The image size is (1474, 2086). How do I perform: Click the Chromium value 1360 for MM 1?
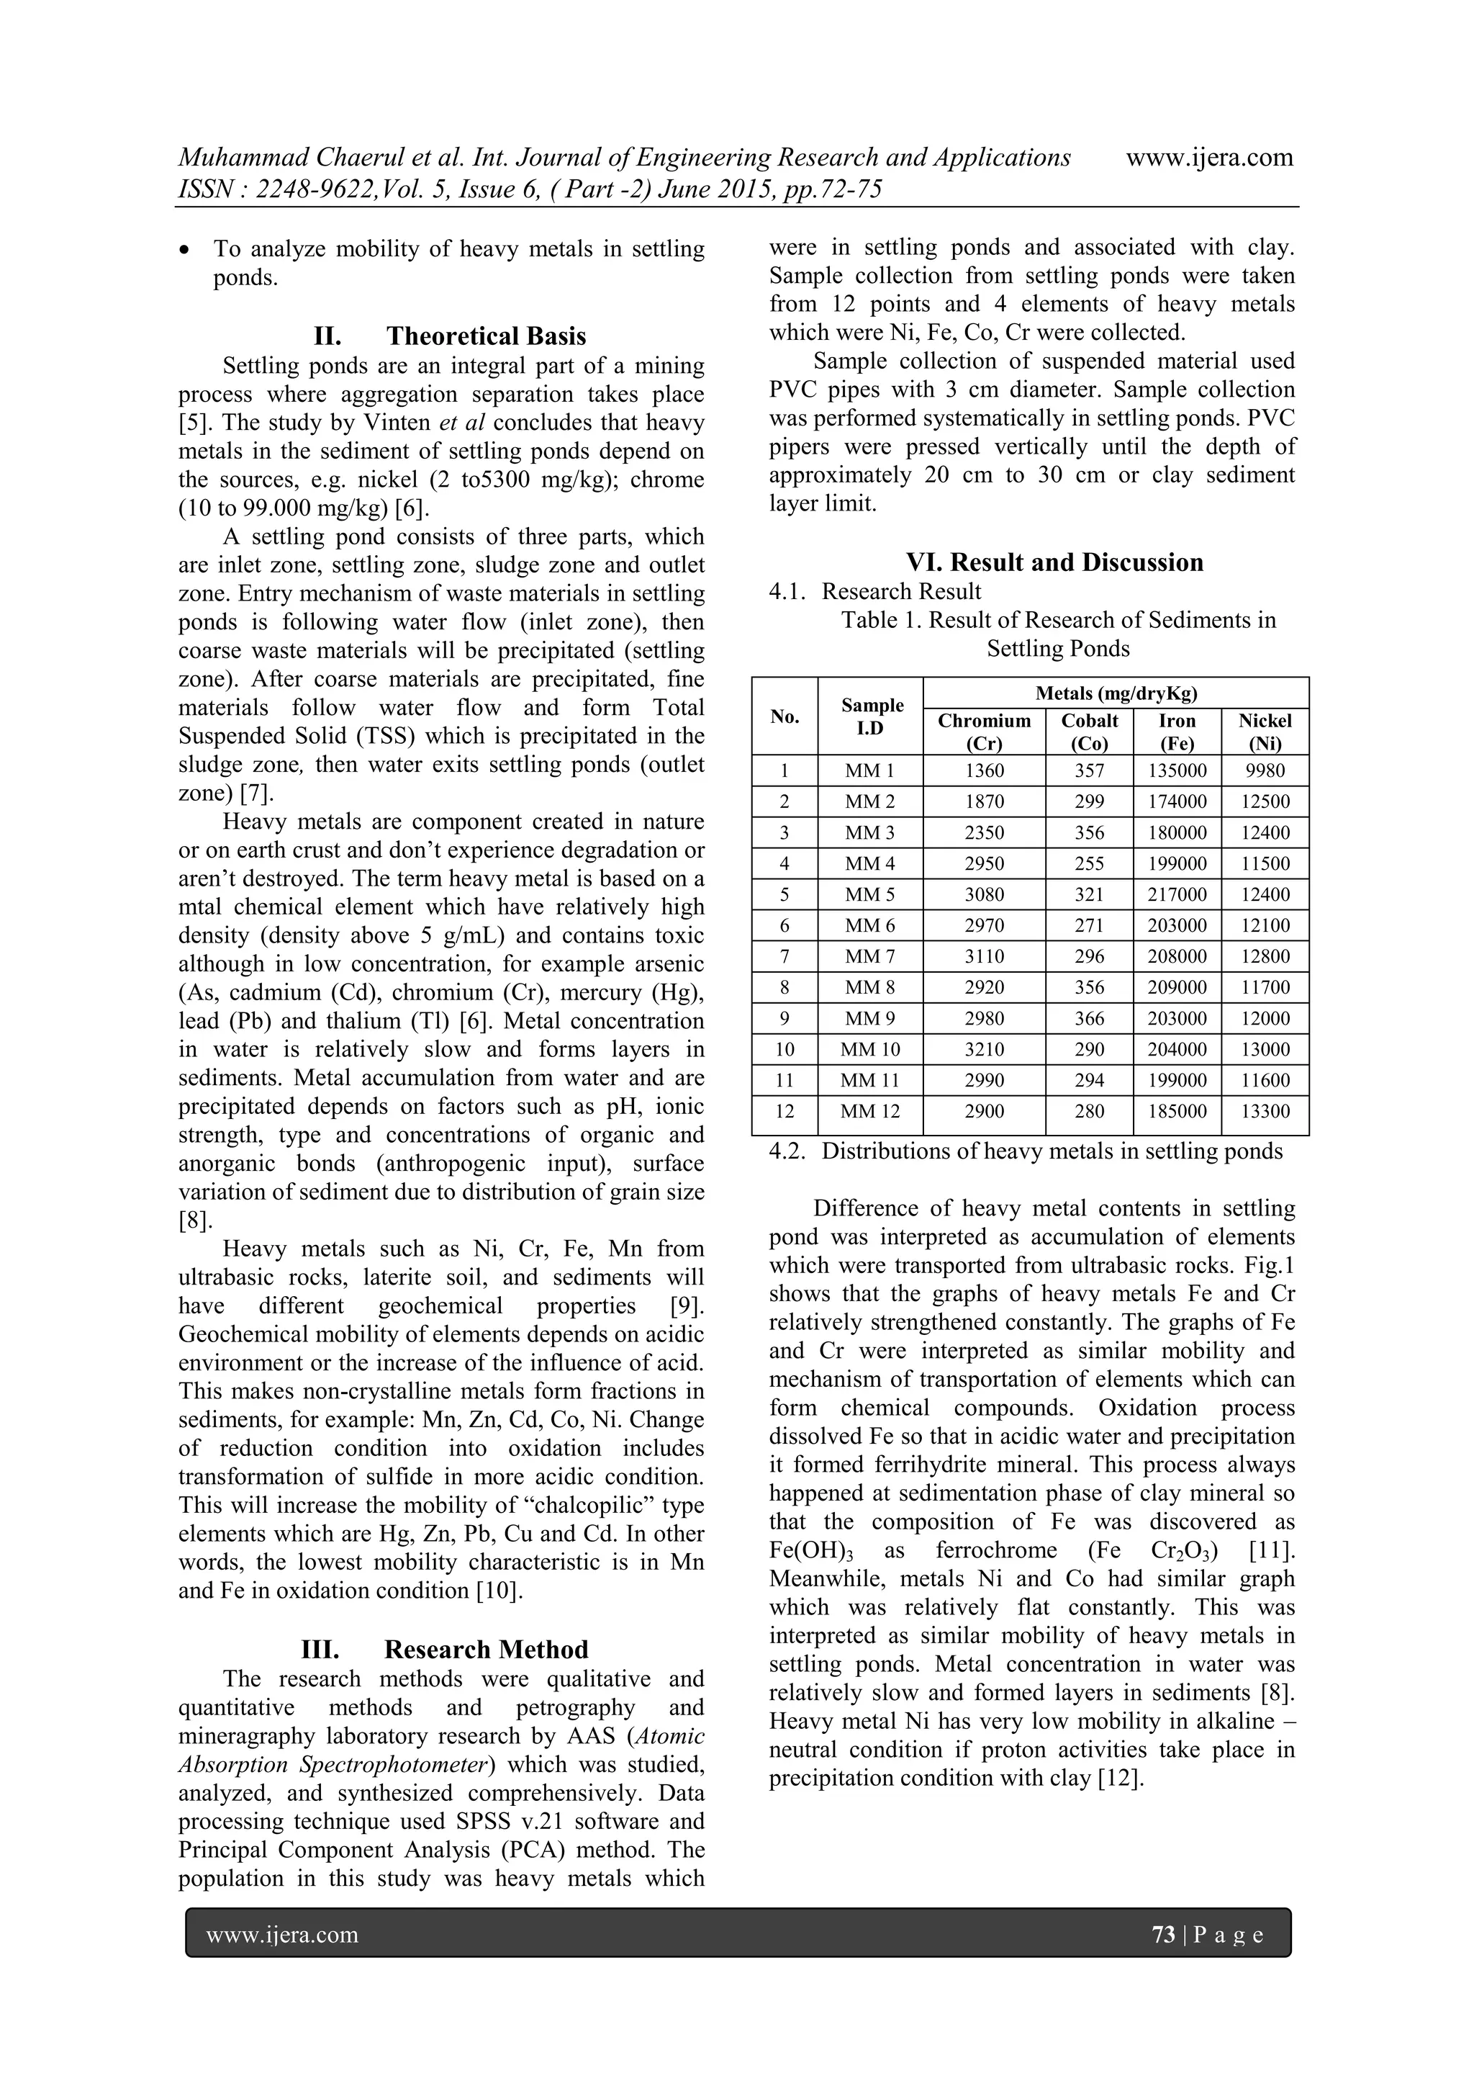pos(984,771)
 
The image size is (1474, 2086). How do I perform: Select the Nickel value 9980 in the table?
pos(1265,771)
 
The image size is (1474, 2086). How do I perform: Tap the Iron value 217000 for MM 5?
pos(1176,895)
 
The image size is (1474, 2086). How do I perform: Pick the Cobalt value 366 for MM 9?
pos(1089,1018)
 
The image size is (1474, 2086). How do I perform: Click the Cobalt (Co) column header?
pos(1089,732)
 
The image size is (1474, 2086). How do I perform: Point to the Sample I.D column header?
pos(870,716)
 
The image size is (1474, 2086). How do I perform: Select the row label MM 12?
pos(870,1112)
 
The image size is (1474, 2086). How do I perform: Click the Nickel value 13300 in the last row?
pos(1265,1112)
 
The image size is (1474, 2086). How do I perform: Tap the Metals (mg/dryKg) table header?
pos(1116,694)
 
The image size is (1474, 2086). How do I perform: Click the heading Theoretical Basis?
pos(486,336)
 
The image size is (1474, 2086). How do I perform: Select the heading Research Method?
pos(486,1649)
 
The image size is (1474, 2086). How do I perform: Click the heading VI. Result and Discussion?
pos(1054,562)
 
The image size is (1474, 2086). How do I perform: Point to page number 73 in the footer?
pos(1162,1934)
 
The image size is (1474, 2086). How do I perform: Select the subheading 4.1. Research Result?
pos(874,591)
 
